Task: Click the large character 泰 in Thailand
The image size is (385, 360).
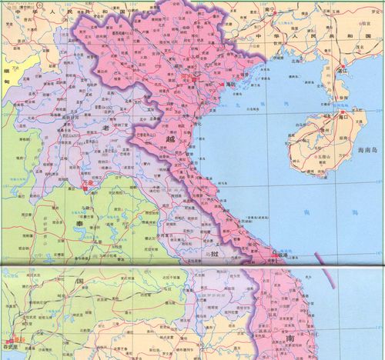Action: (x=72, y=218)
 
